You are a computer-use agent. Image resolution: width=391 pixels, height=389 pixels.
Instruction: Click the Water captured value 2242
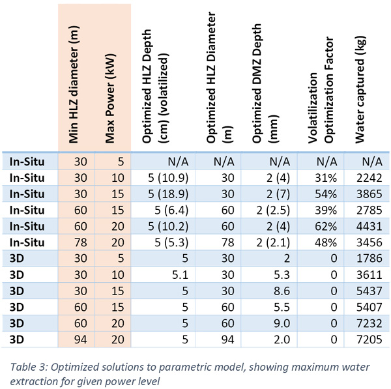(x=369, y=178)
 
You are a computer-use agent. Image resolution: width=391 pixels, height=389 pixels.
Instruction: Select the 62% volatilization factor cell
(x=326, y=226)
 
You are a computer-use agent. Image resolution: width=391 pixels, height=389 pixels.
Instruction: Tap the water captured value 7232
(x=369, y=323)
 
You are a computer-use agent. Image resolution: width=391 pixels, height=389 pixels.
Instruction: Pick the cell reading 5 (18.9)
(x=168, y=194)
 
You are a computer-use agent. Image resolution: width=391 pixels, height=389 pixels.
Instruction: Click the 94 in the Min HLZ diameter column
(x=81, y=339)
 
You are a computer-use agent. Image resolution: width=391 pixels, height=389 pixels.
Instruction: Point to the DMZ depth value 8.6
(x=282, y=291)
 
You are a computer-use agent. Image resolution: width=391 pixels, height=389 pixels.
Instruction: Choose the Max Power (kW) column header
(x=109, y=98)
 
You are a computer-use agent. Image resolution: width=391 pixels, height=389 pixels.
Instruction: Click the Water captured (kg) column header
(x=360, y=90)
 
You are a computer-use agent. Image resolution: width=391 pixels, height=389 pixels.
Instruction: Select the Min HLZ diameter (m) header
(x=74, y=84)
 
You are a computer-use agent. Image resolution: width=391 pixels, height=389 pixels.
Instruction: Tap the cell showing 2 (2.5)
(x=273, y=210)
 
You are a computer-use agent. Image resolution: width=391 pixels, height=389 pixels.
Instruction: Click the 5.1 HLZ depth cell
(x=180, y=275)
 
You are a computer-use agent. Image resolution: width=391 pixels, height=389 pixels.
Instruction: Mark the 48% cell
(x=326, y=242)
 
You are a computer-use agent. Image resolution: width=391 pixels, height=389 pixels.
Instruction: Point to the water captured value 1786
(x=369, y=258)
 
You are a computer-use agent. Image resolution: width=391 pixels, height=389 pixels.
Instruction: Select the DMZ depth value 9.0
(x=282, y=323)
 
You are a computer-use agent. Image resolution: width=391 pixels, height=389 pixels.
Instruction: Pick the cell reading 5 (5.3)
(x=171, y=242)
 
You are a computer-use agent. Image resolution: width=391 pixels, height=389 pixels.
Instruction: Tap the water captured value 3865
(x=369, y=194)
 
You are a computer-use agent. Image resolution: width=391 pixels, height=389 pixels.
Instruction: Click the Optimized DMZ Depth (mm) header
(x=265, y=83)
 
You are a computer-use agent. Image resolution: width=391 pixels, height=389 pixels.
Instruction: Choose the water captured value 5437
(x=369, y=291)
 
